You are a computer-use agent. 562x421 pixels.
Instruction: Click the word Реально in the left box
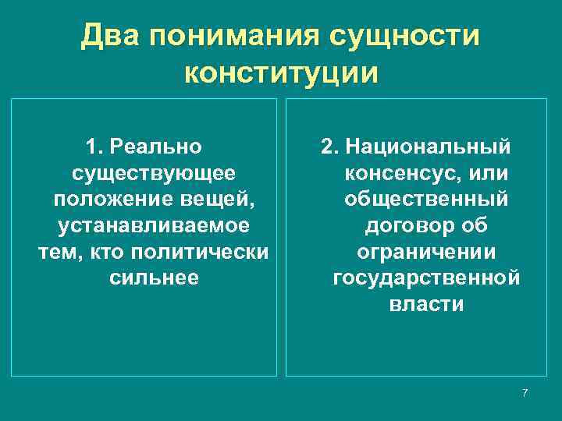tap(156, 147)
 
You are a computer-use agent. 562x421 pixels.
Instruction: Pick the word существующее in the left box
tap(154, 173)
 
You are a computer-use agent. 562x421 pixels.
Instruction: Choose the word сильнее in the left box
tap(154, 278)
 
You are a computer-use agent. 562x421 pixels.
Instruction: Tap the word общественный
tap(426, 200)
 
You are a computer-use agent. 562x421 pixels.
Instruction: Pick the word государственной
tap(426, 278)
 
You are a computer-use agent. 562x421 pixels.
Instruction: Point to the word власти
tap(426, 305)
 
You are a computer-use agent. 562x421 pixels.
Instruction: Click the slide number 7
tap(525, 392)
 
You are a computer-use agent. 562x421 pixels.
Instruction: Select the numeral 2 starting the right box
tap(328, 147)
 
